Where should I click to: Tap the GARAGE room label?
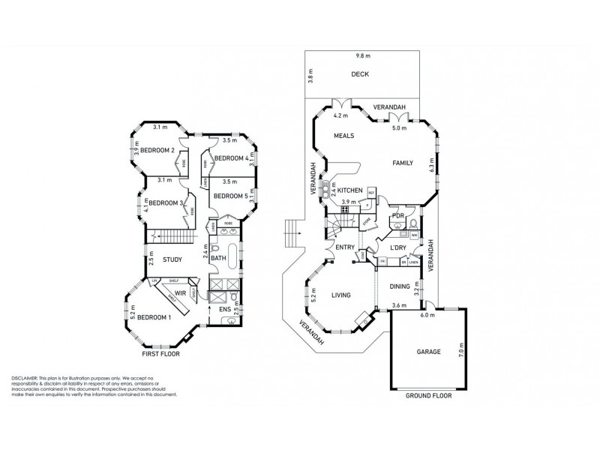(429, 351)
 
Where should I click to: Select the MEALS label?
(344, 135)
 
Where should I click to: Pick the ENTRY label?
(345, 247)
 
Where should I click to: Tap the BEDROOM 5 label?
(229, 196)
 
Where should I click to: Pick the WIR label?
(180, 293)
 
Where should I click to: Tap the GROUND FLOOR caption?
(429, 395)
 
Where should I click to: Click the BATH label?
(218, 259)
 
